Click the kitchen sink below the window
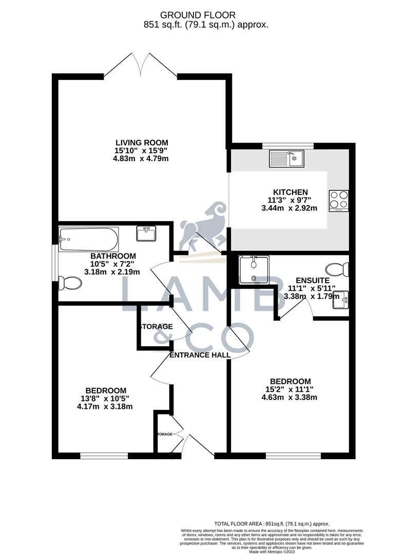tap(286, 159)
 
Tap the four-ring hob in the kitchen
tap(339, 200)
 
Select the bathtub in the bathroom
tap(89, 239)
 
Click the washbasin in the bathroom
tap(147, 234)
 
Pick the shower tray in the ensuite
tap(255, 270)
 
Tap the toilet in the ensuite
tap(339, 269)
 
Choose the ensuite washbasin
tap(340, 300)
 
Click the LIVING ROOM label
tap(142, 142)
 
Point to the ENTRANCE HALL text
tap(200, 355)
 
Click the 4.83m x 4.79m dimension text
tap(141, 159)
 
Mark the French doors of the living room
tap(141, 66)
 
